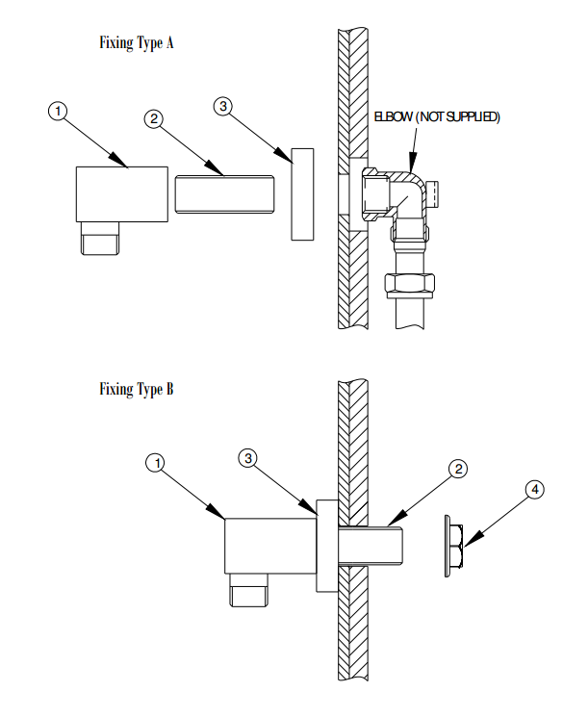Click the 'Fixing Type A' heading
coord(137,43)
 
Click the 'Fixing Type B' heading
coord(137,390)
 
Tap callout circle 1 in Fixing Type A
coord(58,111)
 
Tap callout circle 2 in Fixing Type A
coord(154,119)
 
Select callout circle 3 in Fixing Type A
coord(222,107)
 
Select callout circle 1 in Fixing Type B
coord(157,463)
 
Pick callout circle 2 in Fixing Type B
coord(458,469)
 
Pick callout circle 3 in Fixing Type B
coord(248,458)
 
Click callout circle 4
coord(535,490)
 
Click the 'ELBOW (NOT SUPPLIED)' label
coord(437,117)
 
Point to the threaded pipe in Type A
coord(224,193)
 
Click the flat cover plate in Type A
coord(303,194)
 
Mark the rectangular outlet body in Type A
coord(122,194)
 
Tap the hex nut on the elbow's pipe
coord(410,285)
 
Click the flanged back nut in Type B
coord(454,546)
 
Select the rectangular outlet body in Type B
coord(270,546)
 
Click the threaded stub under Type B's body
coord(249,590)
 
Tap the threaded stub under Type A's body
coord(100,239)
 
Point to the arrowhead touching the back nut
coord(471,539)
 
